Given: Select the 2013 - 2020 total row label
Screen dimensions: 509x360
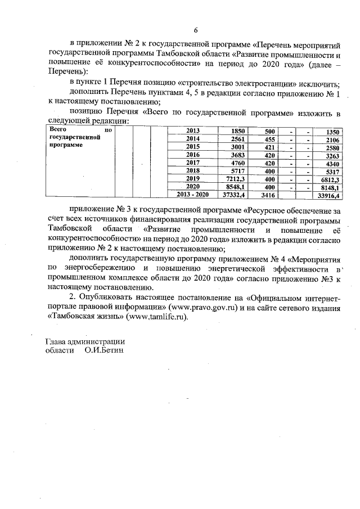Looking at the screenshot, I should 192,195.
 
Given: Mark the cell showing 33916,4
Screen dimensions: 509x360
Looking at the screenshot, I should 328,196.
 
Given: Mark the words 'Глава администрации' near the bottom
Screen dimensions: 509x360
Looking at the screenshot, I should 84,341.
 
